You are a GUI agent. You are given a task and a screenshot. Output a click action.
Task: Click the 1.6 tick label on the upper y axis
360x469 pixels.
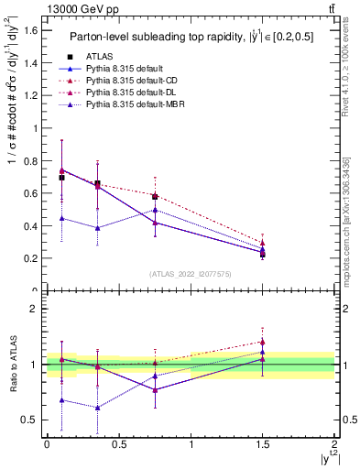(30, 30)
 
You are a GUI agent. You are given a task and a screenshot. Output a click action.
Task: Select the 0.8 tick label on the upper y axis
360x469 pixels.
(30, 160)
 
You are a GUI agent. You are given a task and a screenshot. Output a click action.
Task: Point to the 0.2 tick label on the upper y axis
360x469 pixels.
(30, 258)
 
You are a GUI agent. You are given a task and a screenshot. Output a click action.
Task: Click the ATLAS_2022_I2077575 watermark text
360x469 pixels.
(191, 274)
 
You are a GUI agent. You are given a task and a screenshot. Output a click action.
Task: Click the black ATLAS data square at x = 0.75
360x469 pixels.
(155, 197)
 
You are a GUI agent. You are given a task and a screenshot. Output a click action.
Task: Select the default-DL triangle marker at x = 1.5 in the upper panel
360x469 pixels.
(263, 243)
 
